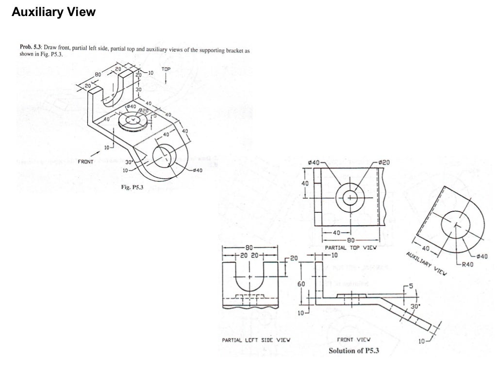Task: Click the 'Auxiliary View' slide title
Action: [x=53, y=13]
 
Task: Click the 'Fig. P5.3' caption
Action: [x=132, y=187]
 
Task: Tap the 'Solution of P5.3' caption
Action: [x=354, y=351]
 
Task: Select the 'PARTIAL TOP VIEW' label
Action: [x=350, y=248]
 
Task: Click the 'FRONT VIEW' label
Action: [x=353, y=340]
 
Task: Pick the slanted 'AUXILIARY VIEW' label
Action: [x=427, y=264]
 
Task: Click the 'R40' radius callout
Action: [x=467, y=264]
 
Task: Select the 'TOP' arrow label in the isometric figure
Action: [x=166, y=69]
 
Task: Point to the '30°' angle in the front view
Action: [x=415, y=306]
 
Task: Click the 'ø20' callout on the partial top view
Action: [x=383, y=162]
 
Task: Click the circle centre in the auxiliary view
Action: [x=455, y=225]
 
